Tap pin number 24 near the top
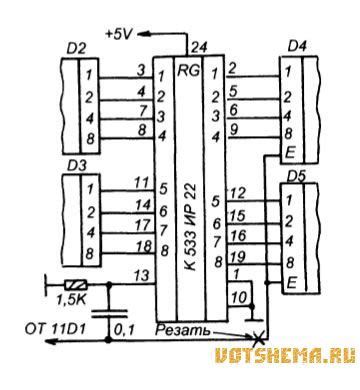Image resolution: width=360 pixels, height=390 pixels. (x=198, y=47)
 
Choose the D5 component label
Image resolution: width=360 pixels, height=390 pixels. (x=296, y=176)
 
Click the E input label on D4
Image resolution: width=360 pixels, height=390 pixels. (x=288, y=154)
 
